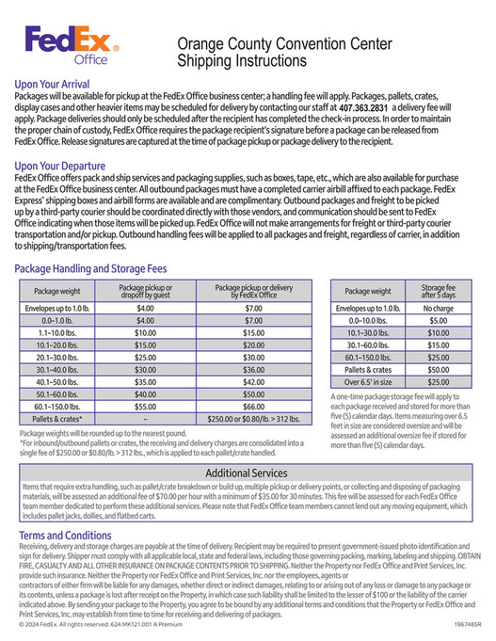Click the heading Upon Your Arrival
click(57, 84)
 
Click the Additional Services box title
click(247, 472)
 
